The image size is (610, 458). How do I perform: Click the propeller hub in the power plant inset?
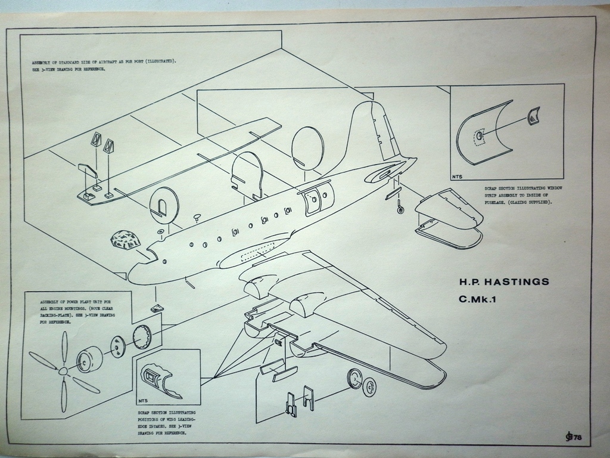tap(63, 371)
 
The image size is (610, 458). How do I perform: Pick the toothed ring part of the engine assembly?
tap(142, 338)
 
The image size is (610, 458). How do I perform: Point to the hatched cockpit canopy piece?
tap(125, 240)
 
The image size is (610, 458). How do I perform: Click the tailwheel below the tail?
tap(401, 209)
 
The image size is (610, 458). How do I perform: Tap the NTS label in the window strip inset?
tap(457, 177)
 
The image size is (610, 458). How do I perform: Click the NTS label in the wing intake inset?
tap(143, 401)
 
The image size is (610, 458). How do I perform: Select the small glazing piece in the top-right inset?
tap(534, 116)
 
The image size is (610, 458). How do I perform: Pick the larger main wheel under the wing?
tap(355, 378)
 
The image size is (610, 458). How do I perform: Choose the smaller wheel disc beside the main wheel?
tap(369, 388)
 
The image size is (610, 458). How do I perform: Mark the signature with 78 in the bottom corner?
tap(573, 438)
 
